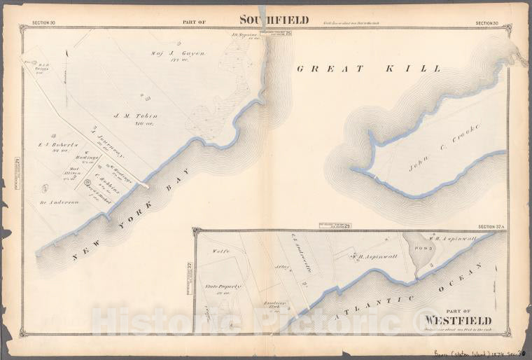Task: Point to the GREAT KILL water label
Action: [369, 69]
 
